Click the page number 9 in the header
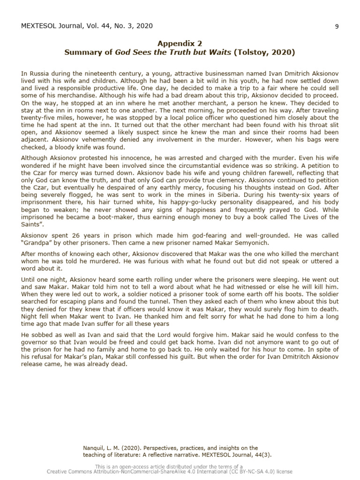point(337,26)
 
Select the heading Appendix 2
point(180,43)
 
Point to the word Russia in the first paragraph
point(37,74)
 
